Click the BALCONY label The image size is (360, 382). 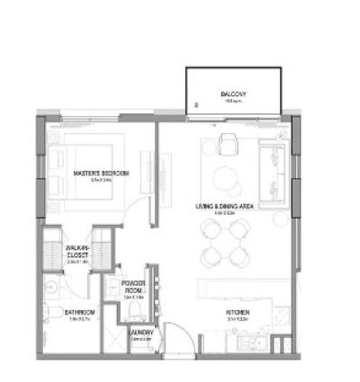click(233, 95)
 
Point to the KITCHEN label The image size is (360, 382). click(238, 313)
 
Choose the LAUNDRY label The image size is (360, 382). click(139, 333)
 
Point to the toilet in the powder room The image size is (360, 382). click(134, 310)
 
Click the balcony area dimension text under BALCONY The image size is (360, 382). click(233, 102)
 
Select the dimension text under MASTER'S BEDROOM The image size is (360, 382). click(100, 179)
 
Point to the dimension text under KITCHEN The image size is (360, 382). click(238, 320)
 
